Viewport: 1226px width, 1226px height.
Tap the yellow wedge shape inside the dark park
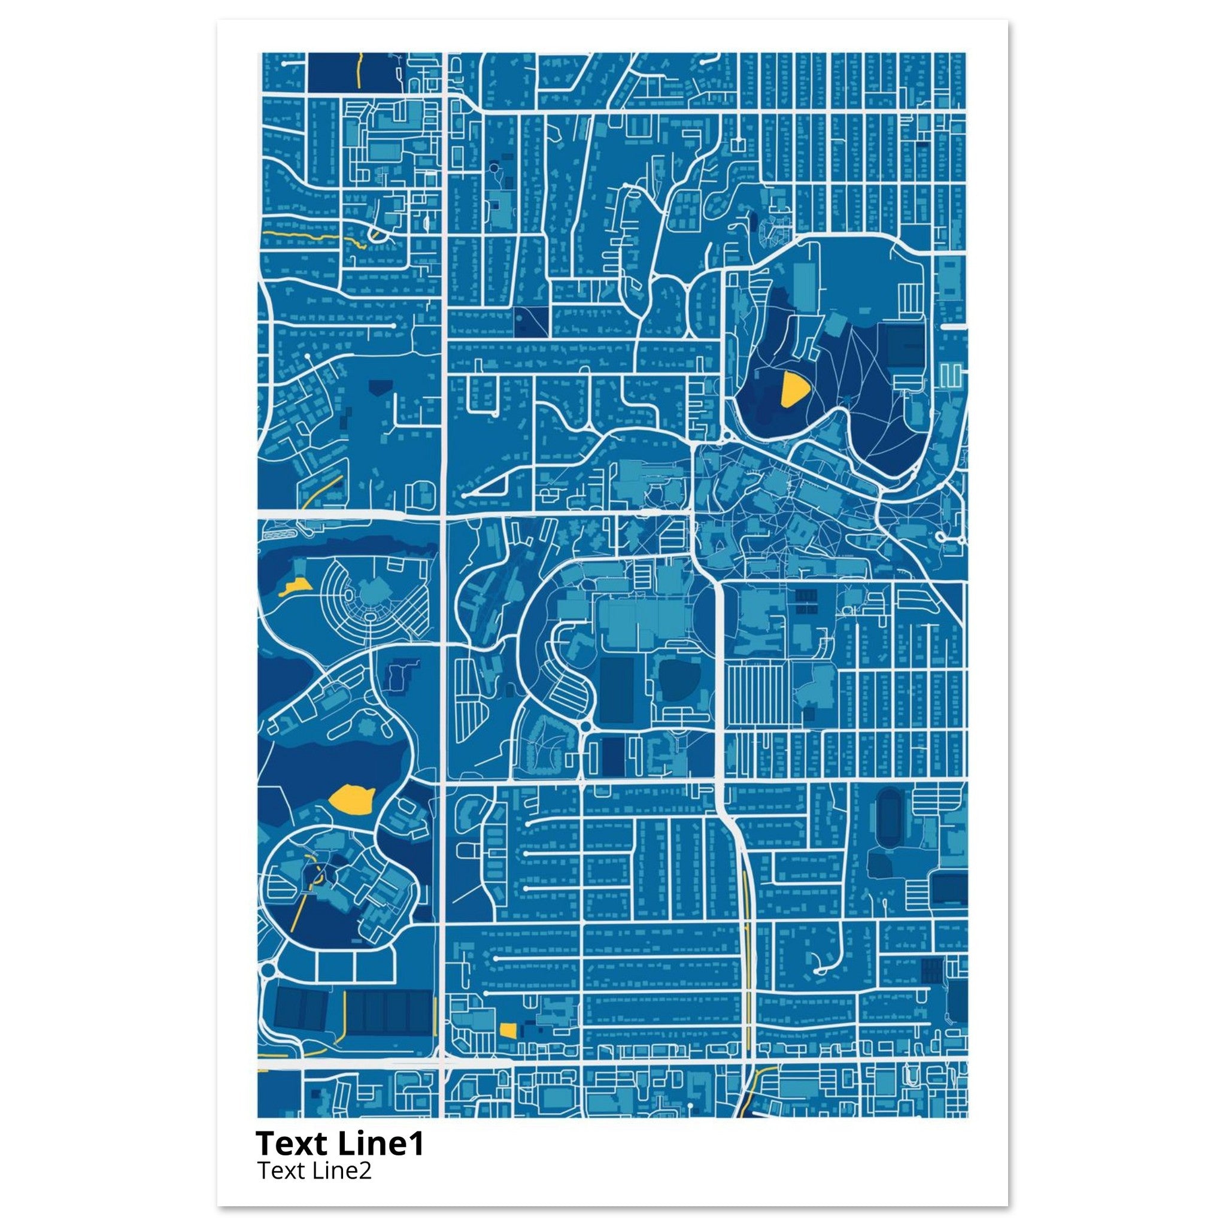pos(794,389)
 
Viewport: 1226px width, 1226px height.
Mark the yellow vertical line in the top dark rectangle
pos(360,71)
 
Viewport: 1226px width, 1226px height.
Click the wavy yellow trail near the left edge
pos(311,236)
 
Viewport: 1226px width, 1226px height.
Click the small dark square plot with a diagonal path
pos(530,321)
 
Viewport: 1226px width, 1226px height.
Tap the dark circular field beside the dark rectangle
pos(678,680)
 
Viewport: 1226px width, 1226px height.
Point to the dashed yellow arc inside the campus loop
pos(315,867)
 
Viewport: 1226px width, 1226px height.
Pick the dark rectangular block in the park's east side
pos(905,345)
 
